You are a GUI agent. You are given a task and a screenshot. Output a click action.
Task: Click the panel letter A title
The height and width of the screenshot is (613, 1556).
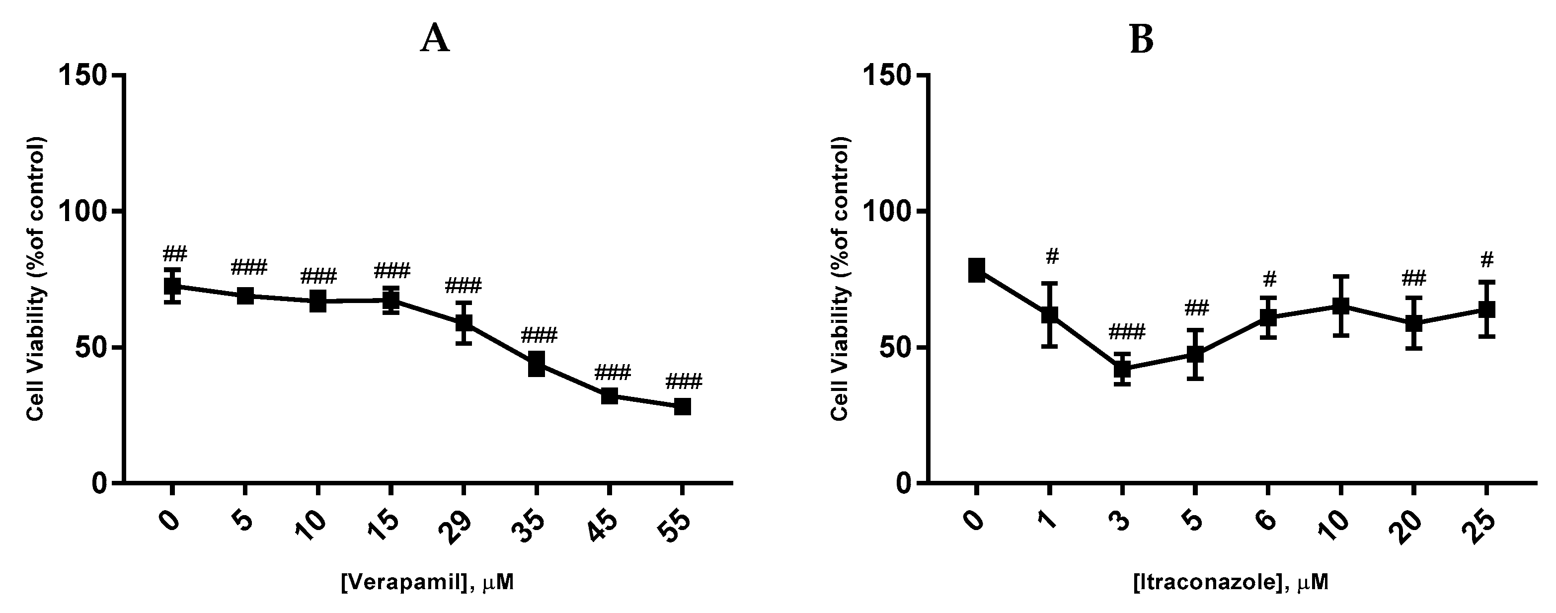tap(435, 40)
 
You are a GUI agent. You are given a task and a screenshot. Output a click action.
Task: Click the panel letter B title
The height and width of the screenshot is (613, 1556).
tap(1141, 40)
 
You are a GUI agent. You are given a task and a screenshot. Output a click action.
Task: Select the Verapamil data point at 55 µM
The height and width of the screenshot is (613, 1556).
tap(682, 406)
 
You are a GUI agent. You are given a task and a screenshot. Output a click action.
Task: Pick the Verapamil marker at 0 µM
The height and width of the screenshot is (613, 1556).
tap(172, 286)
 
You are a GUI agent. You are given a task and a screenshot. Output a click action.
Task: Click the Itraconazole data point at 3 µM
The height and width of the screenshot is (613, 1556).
tap(1122, 369)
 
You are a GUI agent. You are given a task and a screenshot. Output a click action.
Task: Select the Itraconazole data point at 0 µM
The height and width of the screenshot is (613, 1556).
tap(977, 270)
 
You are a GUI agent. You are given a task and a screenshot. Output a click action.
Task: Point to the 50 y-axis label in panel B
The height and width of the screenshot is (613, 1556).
tap(898, 347)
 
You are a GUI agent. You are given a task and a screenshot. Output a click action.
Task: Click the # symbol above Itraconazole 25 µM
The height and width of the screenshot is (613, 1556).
tap(1487, 260)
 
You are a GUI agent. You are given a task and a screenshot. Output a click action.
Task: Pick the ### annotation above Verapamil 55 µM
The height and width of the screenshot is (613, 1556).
tap(684, 382)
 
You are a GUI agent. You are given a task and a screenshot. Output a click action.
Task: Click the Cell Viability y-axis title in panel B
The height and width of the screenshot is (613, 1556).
tap(840, 278)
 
